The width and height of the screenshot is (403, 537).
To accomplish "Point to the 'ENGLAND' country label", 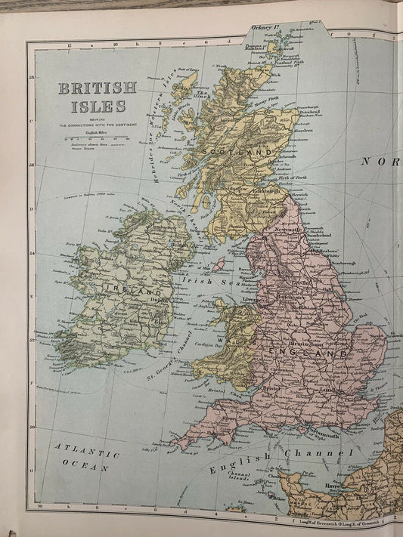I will tap(314, 353).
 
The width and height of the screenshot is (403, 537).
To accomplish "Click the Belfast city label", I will tap(178, 245).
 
